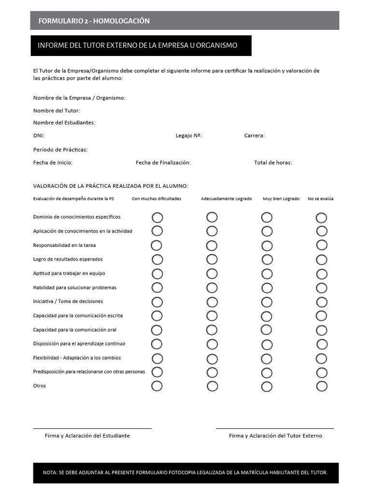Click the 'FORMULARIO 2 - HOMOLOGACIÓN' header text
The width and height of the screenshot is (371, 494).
[94, 21]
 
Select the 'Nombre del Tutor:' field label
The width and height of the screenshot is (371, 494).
[57, 110]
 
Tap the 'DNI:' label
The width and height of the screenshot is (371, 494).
[39, 136]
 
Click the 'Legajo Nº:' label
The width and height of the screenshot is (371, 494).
[188, 136]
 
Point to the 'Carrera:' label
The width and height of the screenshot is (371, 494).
[254, 136]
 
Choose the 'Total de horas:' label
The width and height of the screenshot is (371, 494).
[273, 163]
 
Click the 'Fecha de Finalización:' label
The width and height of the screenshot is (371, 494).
[163, 163]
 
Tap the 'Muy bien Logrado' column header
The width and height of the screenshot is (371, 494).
[281, 199]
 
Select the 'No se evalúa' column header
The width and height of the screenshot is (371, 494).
[320, 199]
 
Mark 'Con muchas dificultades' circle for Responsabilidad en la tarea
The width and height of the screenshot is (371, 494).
[157, 245]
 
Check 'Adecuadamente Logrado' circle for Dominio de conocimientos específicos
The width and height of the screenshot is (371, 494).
[212, 217]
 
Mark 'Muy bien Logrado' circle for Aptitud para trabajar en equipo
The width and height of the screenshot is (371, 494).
[267, 274]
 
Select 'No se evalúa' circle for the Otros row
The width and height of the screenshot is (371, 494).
[322, 386]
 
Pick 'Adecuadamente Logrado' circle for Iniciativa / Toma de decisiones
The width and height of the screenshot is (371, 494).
[212, 302]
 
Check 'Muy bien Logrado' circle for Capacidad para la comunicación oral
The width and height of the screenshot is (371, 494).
[266, 330]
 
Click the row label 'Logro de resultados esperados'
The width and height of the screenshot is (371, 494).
[68, 259]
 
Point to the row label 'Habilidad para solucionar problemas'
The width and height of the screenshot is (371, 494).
[74, 288]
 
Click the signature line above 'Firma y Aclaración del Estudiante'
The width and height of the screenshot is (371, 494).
[92, 428]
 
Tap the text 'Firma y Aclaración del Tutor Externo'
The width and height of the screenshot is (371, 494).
[275, 436]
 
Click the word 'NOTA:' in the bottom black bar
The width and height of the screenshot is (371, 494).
[50, 473]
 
